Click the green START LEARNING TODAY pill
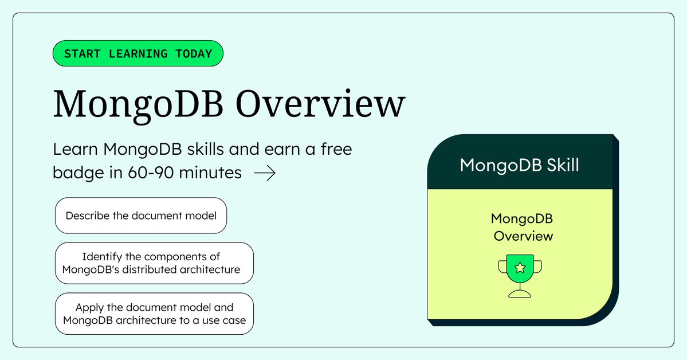138,54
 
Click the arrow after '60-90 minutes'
264,173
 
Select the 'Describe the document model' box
141,216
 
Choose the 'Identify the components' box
154,263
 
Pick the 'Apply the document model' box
154,314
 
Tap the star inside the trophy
520,267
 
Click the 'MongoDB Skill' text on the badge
519,166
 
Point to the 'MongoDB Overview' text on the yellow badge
523,227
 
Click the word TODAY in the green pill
191,54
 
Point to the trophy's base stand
520,294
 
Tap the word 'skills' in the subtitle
201,150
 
